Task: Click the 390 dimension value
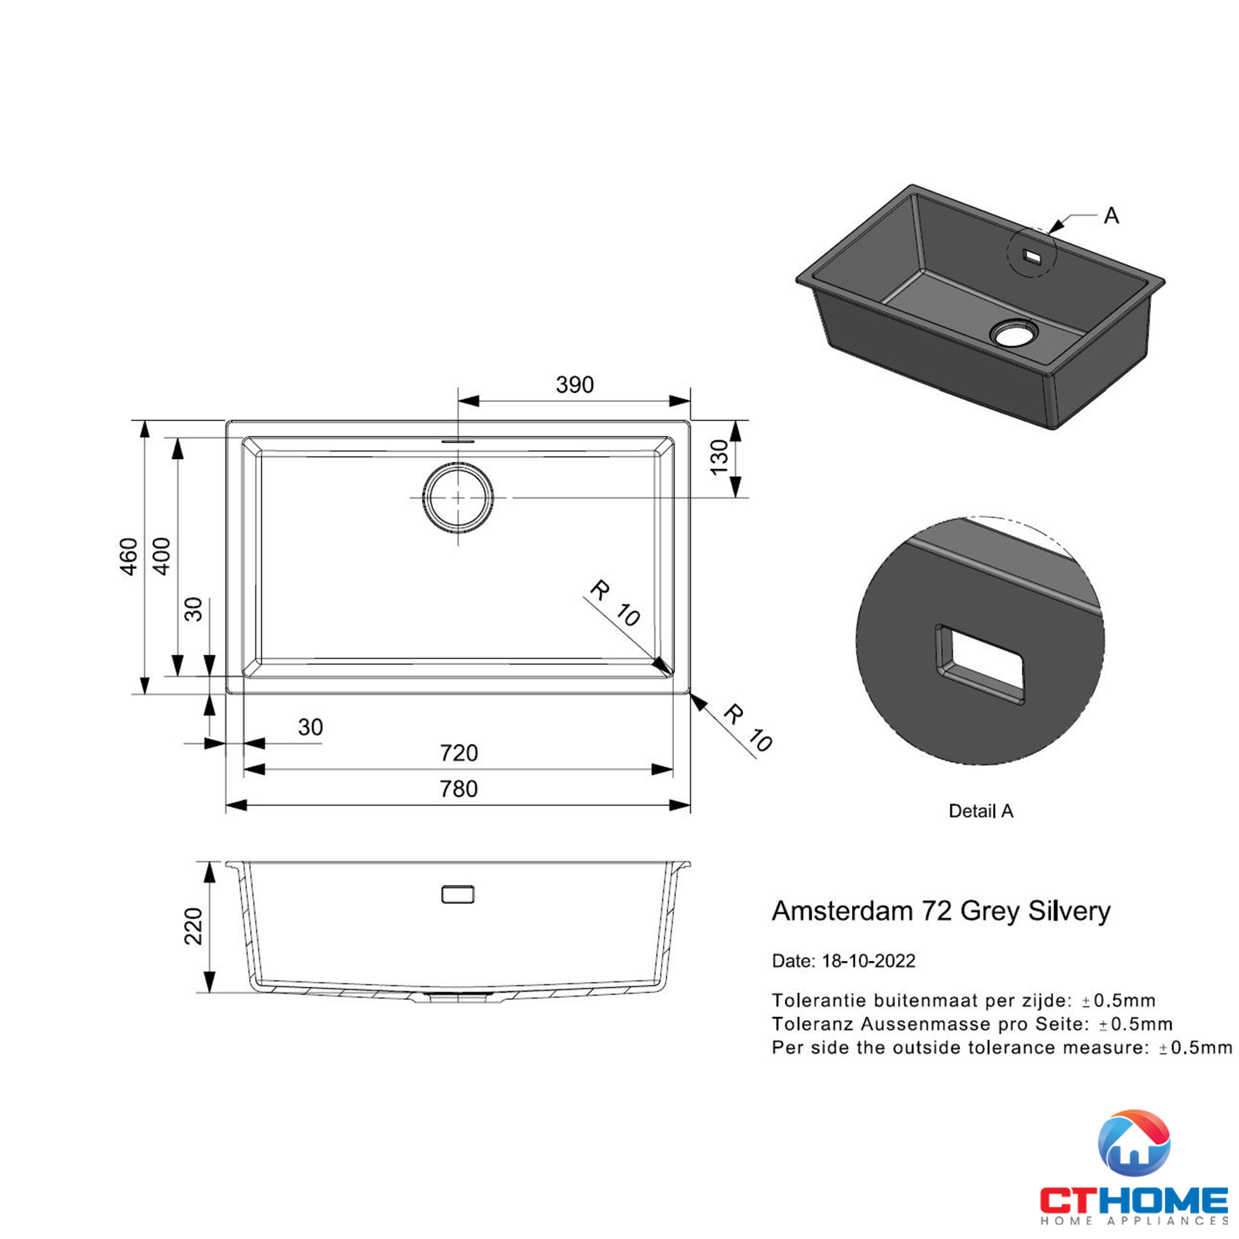[x=575, y=385]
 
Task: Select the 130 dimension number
[x=719, y=457]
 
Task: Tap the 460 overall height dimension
[x=129, y=556]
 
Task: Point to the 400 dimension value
[x=163, y=556]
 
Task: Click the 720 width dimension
[x=458, y=753]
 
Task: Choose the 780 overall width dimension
[x=458, y=789]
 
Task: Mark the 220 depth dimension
[x=193, y=926]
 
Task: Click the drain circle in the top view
[x=458, y=497]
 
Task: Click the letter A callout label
[x=1111, y=216]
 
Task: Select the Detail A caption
[x=981, y=812]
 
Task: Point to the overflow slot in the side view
[x=458, y=894]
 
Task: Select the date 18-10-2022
[x=869, y=961]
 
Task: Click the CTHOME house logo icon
[x=1134, y=1145]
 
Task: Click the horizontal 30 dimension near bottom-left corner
[x=310, y=727]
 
